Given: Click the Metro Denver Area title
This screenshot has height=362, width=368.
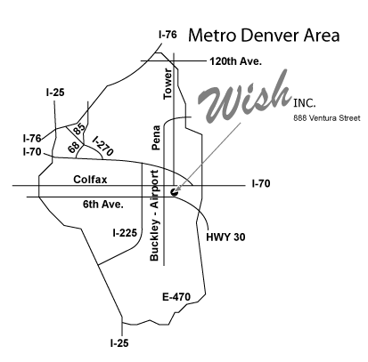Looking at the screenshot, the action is (264, 36).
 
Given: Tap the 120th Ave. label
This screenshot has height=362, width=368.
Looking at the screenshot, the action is (235, 61).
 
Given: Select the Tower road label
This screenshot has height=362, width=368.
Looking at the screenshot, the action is (168, 84).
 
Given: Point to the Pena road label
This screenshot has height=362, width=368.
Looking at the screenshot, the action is (156, 138).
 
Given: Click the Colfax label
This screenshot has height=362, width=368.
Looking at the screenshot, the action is (90, 180).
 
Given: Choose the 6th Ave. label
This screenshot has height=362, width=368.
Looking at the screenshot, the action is (102, 205).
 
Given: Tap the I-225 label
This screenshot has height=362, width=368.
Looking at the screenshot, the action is (125, 233).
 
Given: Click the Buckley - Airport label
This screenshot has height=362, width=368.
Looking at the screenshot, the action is (155, 215).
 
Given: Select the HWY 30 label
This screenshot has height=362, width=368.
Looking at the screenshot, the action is (225, 237).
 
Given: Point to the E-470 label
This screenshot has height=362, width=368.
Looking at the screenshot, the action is (176, 297).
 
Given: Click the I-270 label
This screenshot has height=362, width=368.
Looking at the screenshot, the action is (102, 146).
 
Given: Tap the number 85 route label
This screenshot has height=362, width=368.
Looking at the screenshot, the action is (78, 129).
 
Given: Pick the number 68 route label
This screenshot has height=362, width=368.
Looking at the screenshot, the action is (74, 147).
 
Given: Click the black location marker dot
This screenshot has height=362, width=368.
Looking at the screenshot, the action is (175, 192).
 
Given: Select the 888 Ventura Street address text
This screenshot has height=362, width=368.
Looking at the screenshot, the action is (327, 118).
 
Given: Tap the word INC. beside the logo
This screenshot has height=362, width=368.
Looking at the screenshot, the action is (305, 103).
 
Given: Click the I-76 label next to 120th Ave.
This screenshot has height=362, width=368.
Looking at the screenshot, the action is (168, 35).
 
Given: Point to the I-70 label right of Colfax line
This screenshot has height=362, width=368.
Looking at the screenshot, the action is (261, 184).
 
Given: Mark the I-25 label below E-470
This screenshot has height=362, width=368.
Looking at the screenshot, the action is (119, 343).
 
